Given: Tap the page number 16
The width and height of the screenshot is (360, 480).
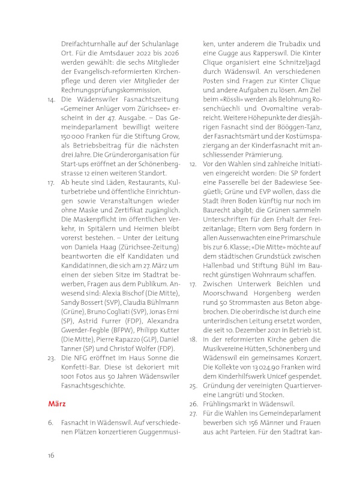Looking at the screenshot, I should coord(52,455).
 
